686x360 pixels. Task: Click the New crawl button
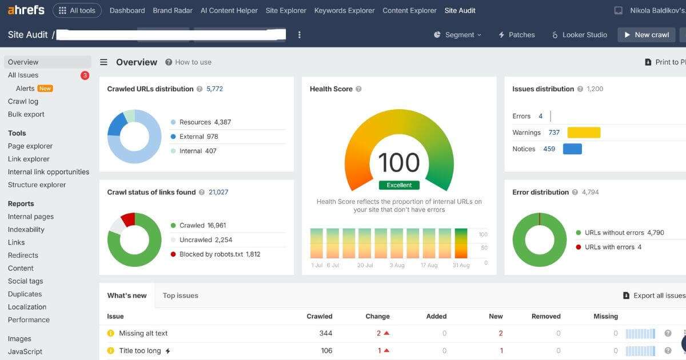click(x=646, y=35)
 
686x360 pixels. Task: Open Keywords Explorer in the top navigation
click(x=344, y=10)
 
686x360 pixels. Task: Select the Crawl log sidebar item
click(x=23, y=101)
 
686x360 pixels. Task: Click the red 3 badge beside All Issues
click(x=85, y=75)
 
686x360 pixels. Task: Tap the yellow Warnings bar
click(x=584, y=133)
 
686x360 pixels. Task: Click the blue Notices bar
click(x=572, y=149)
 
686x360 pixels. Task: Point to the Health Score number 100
click(x=399, y=162)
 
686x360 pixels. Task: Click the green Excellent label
click(x=399, y=185)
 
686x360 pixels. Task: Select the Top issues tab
click(x=180, y=295)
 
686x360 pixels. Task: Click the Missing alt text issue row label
click(x=143, y=333)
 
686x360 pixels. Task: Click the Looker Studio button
click(x=579, y=35)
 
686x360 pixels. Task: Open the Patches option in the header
click(x=517, y=35)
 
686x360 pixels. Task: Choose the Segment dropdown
click(x=457, y=35)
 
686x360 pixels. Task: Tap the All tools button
click(x=77, y=10)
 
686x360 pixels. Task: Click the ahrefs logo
click(x=26, y=10)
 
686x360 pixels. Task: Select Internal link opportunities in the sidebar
click(x=49, y=172)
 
